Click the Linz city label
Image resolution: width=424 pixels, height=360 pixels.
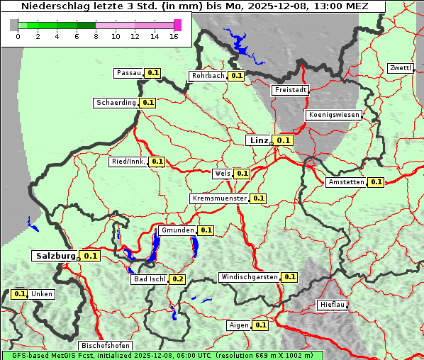coord(258,140)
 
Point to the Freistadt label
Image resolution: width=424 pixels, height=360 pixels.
coord(290,90)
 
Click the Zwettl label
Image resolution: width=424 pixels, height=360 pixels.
coord(400,68)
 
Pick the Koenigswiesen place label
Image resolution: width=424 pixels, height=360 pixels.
coord(333,115)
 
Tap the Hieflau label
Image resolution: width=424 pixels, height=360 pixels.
coord(333,305)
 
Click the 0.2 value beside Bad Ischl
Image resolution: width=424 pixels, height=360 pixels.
coord(177,279)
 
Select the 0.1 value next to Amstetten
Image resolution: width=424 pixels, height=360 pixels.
coord(376,182)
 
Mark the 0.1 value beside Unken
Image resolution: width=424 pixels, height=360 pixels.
coord(20,294)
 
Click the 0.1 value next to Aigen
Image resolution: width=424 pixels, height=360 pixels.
coord(260,325)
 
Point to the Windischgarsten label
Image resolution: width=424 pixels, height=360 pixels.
coord(249,277)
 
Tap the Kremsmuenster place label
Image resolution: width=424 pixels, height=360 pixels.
coord(219,199)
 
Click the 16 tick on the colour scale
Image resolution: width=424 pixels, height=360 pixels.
coord(174,36)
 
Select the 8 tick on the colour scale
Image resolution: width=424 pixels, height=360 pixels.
coord(96,36)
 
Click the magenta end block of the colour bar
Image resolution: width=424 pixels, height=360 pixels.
coord(177,25)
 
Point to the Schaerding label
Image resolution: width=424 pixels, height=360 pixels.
coord(116,103)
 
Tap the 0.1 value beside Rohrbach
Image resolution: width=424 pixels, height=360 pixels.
coord(237,76)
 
